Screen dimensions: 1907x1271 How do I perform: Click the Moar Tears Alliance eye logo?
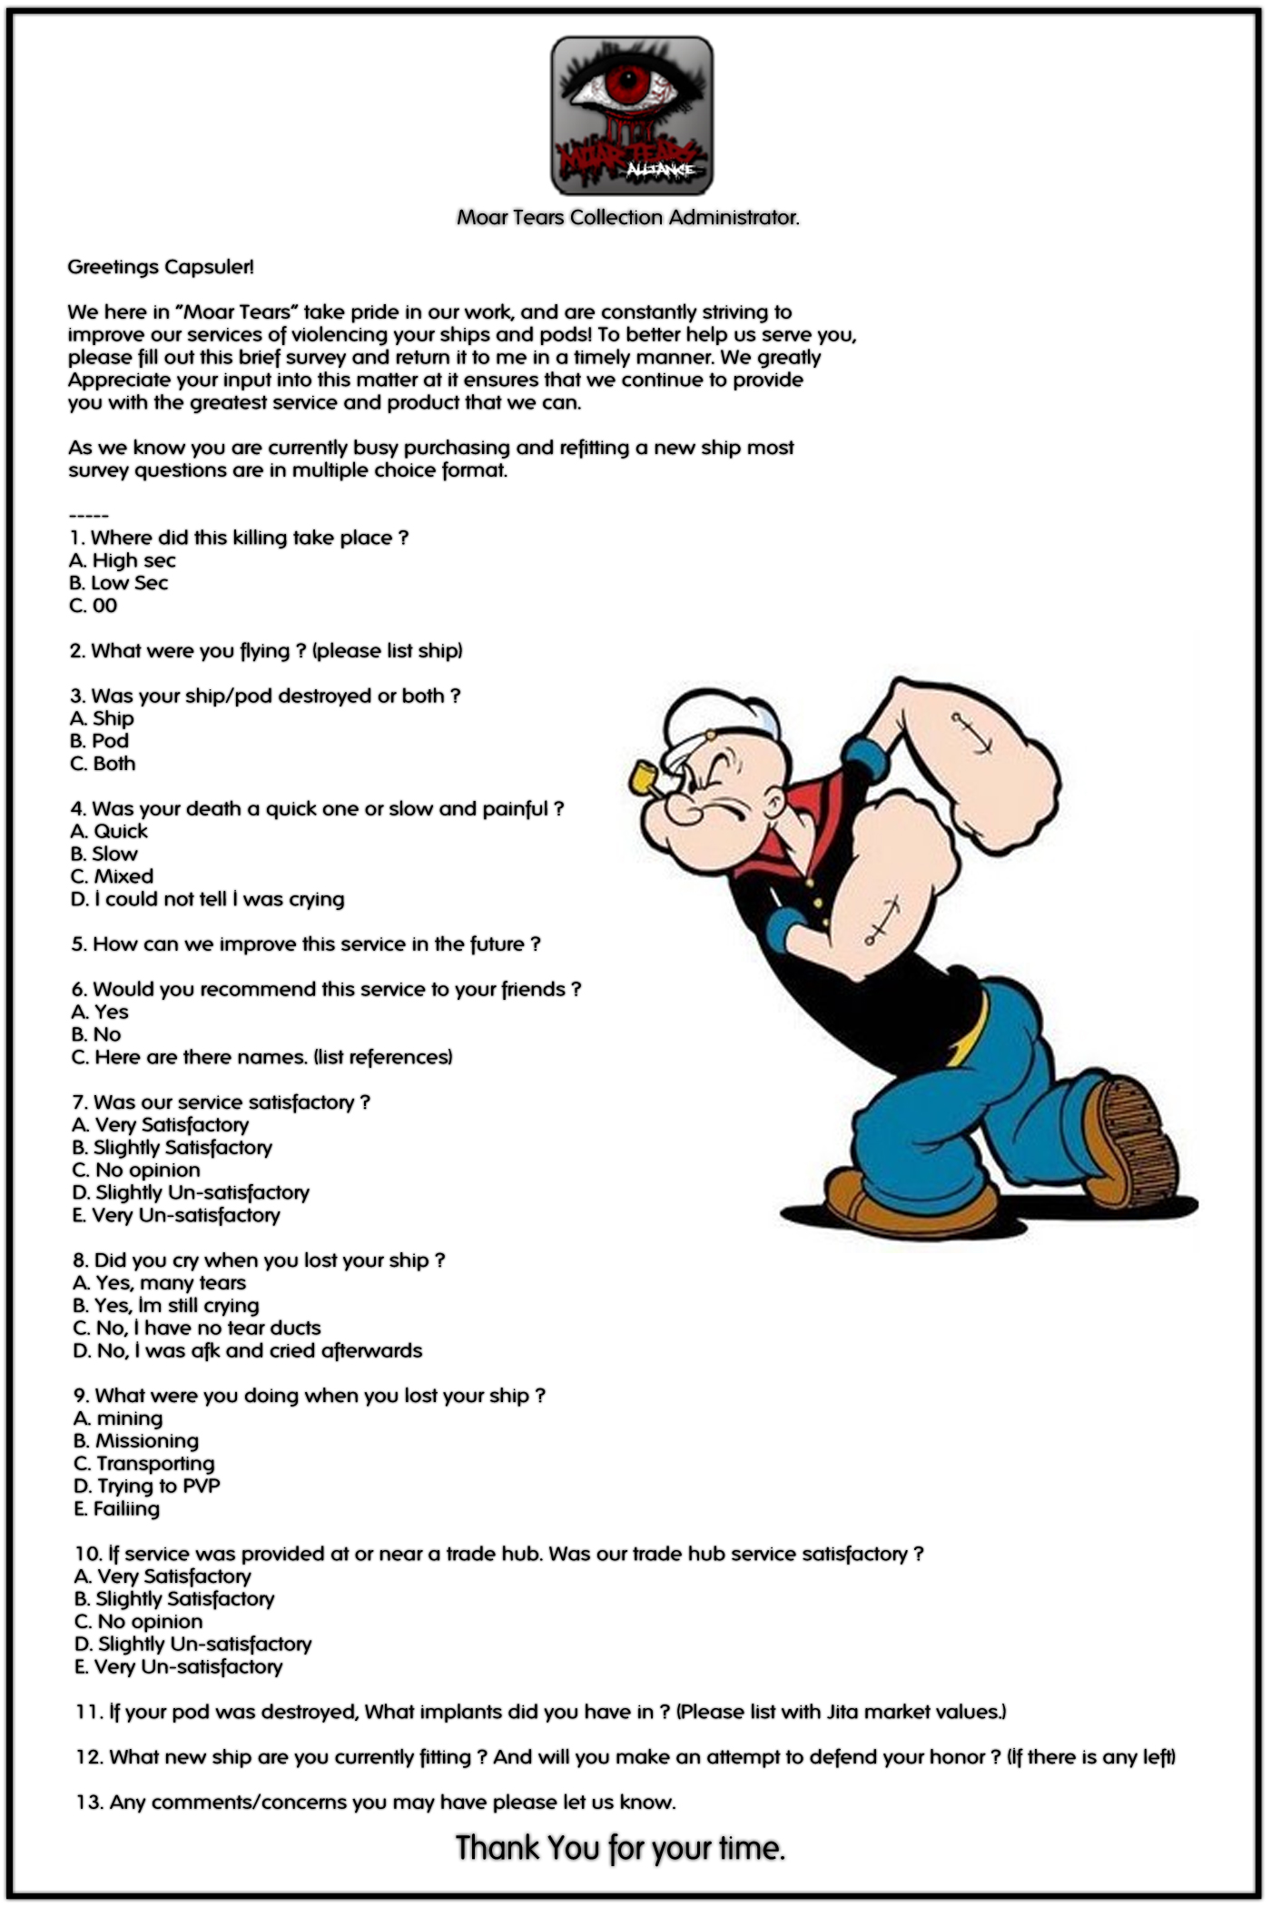point(631,114)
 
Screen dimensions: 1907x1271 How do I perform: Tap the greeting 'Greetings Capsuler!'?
point(161,267)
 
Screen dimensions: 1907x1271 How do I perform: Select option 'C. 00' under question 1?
point(94,606)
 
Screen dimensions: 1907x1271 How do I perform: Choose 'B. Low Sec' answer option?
point(119,583)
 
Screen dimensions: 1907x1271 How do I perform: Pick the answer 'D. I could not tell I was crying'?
point(208,899)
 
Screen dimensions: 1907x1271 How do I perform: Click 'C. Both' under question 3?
point(103,764)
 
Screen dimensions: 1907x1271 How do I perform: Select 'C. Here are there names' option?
point(261,1057)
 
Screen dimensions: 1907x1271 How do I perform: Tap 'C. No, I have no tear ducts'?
point(197,1328)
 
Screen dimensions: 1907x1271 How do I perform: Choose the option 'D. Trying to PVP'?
point(147,1486)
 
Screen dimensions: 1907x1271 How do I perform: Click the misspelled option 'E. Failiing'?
point(117,1508)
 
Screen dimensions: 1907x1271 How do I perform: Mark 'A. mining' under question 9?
point(118,1418)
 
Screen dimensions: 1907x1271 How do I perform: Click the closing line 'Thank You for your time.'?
point(620,1847)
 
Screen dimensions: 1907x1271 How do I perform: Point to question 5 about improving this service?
point(306,944)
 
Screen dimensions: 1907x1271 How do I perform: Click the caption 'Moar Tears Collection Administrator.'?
point(627,218)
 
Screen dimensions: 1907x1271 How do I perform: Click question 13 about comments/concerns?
point(376,1802)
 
